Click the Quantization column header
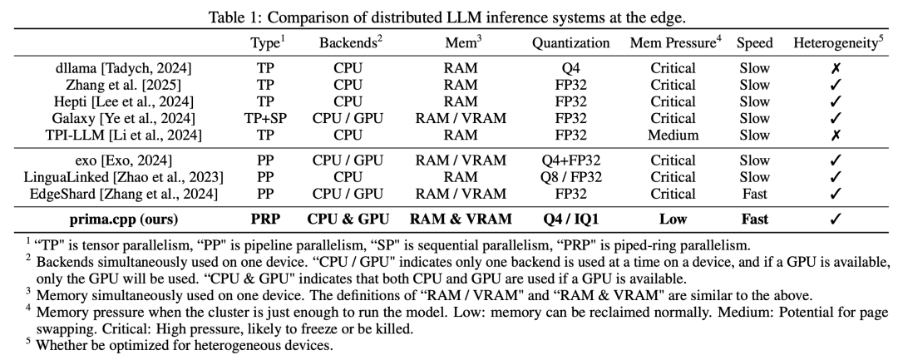coord(570,43)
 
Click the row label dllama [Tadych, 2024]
coord(123,69)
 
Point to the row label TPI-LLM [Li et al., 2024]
coord(123,136)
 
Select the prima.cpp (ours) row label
coord(124,219)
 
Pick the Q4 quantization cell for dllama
coord(570,69)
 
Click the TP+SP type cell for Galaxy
coord(266,119)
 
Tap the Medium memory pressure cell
coord(673,136)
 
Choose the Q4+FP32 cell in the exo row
coord(570,160)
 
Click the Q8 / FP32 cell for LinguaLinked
coord(570,177)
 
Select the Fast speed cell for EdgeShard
coord(755,194)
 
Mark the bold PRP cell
coord(266,219)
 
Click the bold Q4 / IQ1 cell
coord(570,219)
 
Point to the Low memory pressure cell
coord(673,219)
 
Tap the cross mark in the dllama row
coord(836,69)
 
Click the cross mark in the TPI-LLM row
coord(836,136)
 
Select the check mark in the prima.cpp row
coord(836,219)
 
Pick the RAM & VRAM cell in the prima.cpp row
coord(461,219)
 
